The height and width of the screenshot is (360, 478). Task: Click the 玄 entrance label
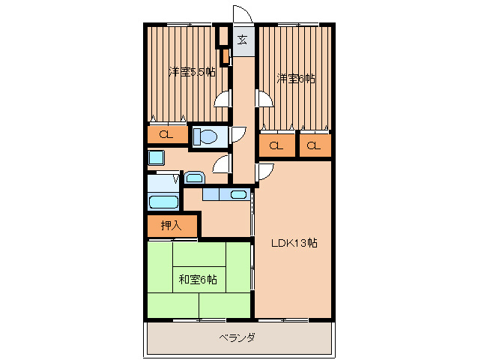click(243, 40)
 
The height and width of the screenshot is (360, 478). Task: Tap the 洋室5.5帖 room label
click(192, 72)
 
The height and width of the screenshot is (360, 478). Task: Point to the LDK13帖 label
click(294, 242)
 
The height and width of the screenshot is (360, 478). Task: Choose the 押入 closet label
click(172, 224)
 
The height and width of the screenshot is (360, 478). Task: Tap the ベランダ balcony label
click(237, 338)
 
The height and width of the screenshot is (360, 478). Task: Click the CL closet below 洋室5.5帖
click(166, 135)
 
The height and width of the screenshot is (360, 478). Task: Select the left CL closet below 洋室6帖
click(276, 145)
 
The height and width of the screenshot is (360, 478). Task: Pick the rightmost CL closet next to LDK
click(315, 145)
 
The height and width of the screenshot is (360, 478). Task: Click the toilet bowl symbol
click(205, 136)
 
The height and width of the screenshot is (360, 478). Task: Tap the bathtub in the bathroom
click(163, 201)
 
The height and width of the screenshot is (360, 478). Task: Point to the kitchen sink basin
click(238, 195)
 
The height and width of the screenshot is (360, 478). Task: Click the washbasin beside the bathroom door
click(194, 178)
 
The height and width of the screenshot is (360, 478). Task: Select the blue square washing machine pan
click(156, 157)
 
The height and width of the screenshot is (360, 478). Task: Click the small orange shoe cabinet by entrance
click(225, 55)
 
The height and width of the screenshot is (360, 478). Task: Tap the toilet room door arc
click(237, 135)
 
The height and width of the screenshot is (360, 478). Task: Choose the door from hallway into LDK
click(265, 172)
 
